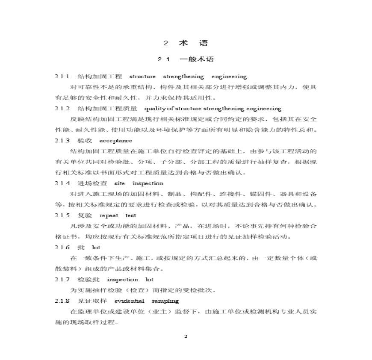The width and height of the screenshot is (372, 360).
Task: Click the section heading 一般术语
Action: tap(197, 59)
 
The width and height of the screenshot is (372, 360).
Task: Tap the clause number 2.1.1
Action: tap(62, 77)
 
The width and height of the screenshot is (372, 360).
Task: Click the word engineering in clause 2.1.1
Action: tap(229, 77)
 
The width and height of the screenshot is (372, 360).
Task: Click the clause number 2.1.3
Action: tap(62, 141)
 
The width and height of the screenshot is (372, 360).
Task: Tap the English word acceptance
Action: tap(115, 141)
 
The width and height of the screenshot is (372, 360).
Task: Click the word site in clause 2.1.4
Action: tap(120, 183)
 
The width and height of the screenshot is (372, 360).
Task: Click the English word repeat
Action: tap(109, 215)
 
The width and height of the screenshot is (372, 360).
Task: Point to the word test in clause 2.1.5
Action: tap(131, 215)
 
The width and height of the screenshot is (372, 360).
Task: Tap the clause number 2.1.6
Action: tap(62, 248)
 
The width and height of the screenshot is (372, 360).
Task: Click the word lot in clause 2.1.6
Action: tap(96, 248)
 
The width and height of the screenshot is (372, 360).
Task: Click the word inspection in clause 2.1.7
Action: tap(122, 280)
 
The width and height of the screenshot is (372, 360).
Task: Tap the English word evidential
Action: tap(129, 301)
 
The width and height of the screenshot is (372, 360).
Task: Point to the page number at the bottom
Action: tap(186, 336)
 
